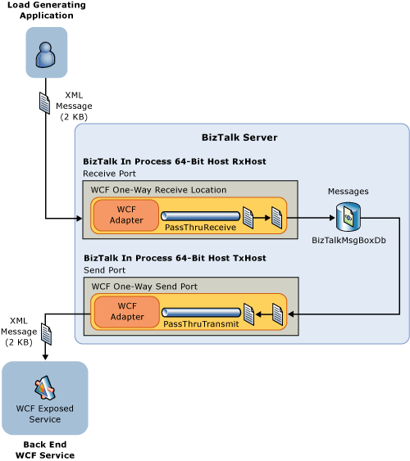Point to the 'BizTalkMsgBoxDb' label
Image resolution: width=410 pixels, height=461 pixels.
(348, 242)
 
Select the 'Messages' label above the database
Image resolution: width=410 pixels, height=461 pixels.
(348, 191)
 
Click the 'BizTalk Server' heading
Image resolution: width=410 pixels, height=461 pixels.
(239, 138)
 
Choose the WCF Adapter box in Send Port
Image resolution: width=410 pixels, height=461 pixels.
(125, 311)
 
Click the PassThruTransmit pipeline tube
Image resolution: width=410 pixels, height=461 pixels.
(201, 313)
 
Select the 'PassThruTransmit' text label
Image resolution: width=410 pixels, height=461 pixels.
(200, 324)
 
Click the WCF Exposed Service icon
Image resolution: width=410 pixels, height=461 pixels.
(44, 388)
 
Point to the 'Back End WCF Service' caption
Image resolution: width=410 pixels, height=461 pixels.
(44, 450)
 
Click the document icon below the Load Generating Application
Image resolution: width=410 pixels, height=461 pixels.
(45, 102)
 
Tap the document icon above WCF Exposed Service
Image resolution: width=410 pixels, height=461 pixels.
(46, 333)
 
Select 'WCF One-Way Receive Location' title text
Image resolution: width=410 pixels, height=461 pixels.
(158, 190)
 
